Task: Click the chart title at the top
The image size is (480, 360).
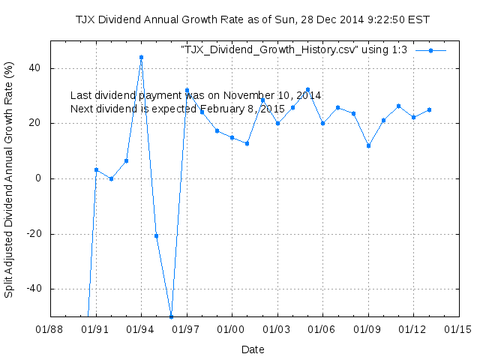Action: click(x=253, y=19)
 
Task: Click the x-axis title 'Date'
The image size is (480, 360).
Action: click(x=253, y=349)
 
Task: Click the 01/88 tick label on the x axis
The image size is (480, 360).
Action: click(x=50, y=329)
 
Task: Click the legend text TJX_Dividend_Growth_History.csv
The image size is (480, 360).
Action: click(x=294, y=50)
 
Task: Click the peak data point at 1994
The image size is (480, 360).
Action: click(x=141, y=57)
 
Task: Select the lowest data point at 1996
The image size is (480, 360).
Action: click(x=171, y=316)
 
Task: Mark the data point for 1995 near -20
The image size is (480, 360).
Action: click(x=156, y=235)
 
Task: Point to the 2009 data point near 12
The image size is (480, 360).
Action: click(x=368, y=145)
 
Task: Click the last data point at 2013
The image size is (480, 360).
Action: click(x=429, y=109)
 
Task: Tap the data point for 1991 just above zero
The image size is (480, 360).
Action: click(x=96, y=169)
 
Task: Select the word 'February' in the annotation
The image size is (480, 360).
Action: click(x=202, y=109)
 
